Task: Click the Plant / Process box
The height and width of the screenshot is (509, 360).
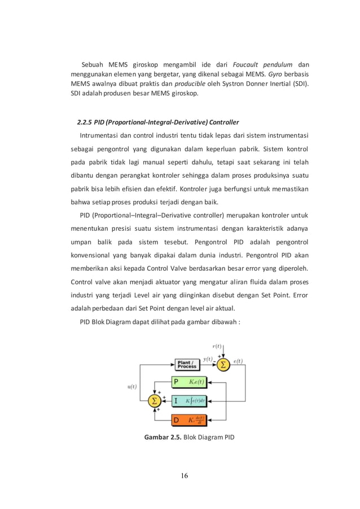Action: click(187, 364)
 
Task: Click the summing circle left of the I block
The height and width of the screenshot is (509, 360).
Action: click(153, 401)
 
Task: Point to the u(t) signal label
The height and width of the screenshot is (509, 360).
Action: click(132, 387)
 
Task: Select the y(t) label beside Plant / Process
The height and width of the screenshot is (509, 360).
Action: click(207, 359)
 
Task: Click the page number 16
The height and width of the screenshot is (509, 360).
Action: click(181, 476)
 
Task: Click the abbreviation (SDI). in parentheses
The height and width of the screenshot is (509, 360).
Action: click(305, 84)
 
